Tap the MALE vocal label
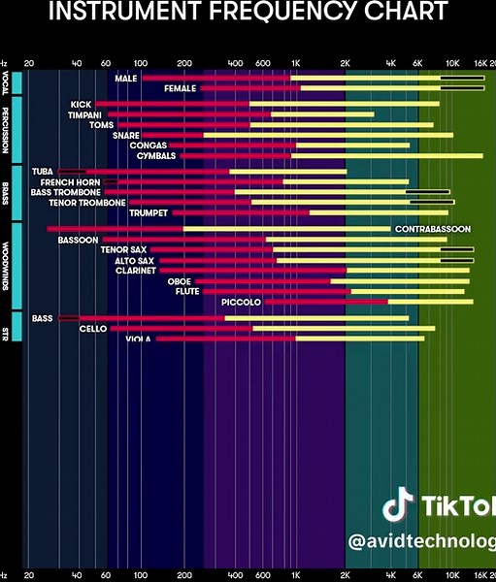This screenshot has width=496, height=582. point(125,78)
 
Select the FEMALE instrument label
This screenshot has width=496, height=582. point(180,88)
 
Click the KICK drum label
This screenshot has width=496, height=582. point(81,104)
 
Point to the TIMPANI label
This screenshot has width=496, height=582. point(84,114)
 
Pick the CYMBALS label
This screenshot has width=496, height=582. point(155,155)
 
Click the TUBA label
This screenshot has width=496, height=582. point(42,172)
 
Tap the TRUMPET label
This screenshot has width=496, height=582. point(149,212)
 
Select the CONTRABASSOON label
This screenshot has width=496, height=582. point(432,229)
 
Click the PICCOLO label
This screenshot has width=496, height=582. point(241,303)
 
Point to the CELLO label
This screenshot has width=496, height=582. point(93,329)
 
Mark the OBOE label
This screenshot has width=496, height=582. point(180,281)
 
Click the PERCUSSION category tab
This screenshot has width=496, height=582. point(6,130)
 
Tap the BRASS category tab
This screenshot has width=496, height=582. point(6,190)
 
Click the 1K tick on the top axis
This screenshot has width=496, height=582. point(296,61)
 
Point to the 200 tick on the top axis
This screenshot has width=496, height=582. point(184,61)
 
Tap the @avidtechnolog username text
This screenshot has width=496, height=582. point(421,540)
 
